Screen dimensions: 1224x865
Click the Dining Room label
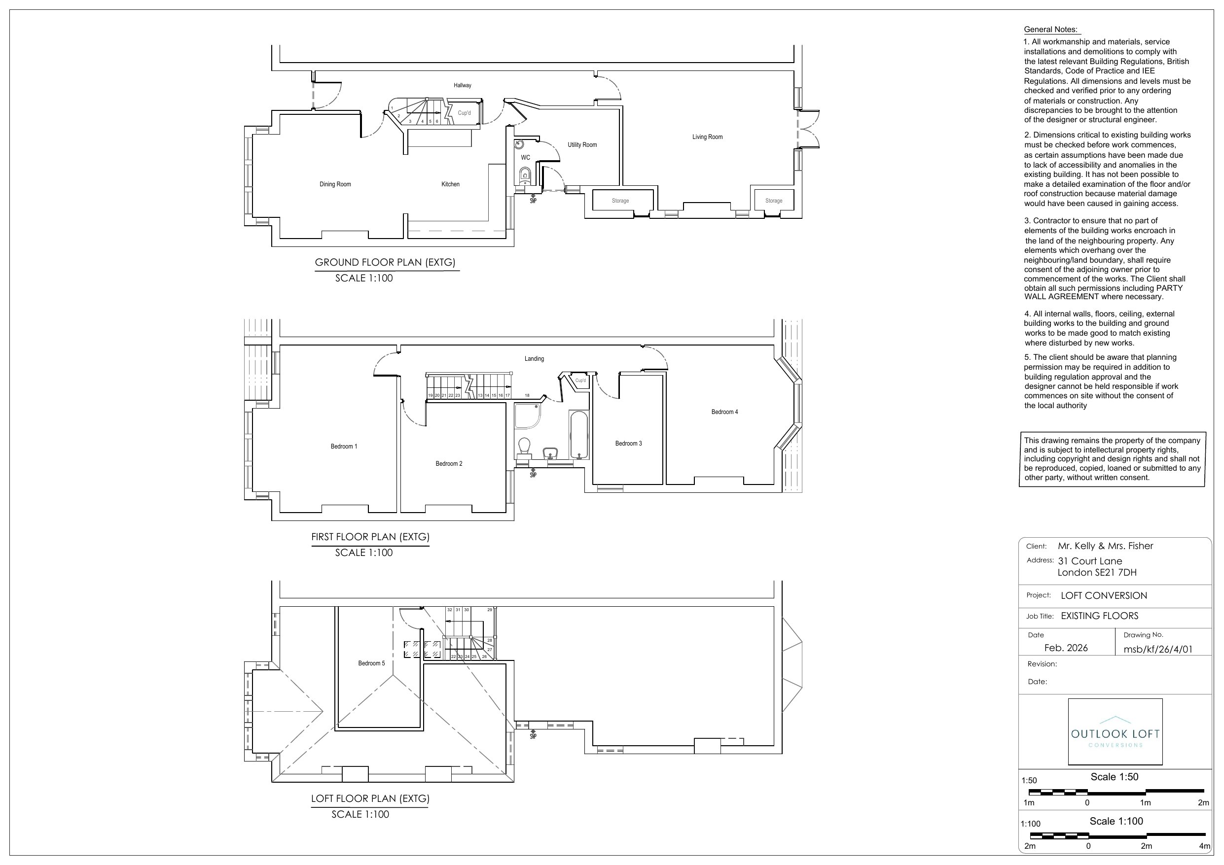pos(335,184)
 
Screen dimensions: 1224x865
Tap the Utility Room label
pos(582,145)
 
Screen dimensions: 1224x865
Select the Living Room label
pos(708,137)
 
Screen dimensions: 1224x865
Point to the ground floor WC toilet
pos(525,174)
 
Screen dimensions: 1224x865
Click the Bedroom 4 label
pos(724,412)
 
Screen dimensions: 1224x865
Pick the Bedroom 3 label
pos(629,444)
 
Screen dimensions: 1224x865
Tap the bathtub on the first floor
pos(579,434)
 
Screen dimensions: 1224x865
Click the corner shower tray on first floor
pos(528,415)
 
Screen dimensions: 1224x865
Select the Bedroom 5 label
pos(371,663)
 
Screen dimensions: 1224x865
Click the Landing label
pos(534,359)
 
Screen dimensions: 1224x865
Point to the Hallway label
pos(462,85)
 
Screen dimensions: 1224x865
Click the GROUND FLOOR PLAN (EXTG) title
pos(385,262)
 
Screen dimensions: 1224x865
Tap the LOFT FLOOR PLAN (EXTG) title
pos(370,798)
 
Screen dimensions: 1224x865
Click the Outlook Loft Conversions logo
pos(1115,732)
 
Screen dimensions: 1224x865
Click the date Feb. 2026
pos(1066,648)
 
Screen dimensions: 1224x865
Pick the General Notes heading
pos(1051,30)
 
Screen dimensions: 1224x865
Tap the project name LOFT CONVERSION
pos(1104,596)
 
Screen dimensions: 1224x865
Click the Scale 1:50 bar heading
pos(1114,777)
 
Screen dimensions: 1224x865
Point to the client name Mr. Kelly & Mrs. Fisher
pos(1106,546)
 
